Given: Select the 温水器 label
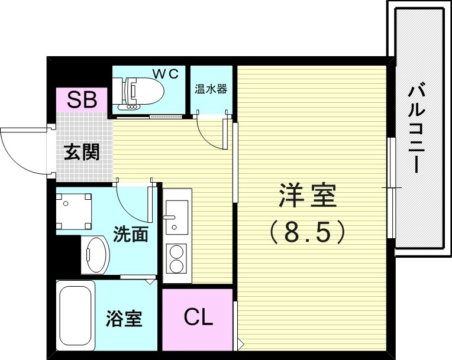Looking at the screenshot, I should pos(211,90).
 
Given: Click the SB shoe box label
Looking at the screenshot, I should pos(82,100).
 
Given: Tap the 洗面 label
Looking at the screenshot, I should pos(130,235).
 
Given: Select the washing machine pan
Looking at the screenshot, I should pos(75,210).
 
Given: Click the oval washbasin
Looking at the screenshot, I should pos(95,255).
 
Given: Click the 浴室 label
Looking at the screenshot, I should pos(124,319).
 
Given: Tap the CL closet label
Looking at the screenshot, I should pos(198,318).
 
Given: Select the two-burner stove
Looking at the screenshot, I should pos(176,257).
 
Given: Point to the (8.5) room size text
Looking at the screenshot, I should pos(307,232).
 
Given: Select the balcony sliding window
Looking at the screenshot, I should pos(391,187).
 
